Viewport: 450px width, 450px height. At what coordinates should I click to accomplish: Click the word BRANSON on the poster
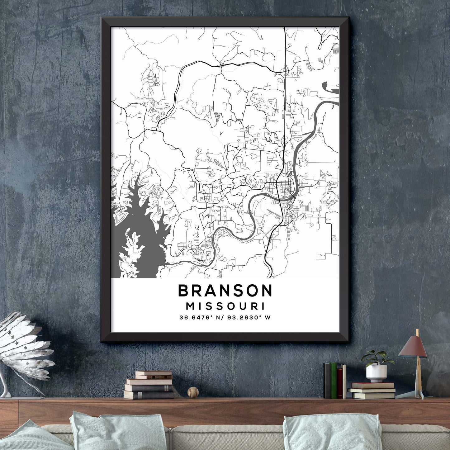(225, 291)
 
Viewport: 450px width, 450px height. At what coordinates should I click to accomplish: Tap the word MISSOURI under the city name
(225, 306)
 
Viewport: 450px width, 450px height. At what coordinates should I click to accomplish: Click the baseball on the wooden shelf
(193, 392)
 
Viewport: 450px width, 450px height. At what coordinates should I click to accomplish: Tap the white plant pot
(376, 373)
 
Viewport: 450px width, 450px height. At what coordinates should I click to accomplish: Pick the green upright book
(334, 381)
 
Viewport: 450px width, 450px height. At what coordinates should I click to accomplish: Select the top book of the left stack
(153, 373)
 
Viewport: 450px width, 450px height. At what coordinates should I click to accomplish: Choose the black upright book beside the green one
(327, 381)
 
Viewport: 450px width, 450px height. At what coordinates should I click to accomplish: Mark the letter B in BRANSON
(183, 291)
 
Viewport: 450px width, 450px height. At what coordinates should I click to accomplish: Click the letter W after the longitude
(267, 318)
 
